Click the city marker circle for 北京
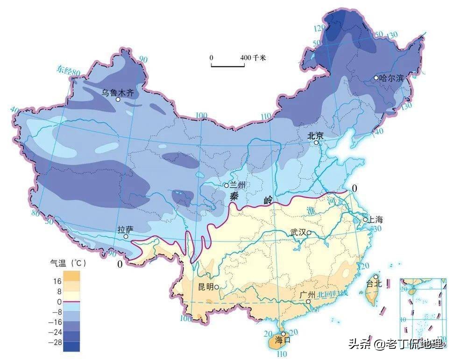[x=316, y=142]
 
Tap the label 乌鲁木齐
[x=118, y=92]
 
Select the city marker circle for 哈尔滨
[x=376, y=78]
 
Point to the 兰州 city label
[x=243, y=185]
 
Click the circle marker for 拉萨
[x=126, y=237]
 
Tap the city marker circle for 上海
[x=366, y=219]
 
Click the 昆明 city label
[x=205, y=286]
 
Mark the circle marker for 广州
[x=308, y=302]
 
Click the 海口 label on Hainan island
[x=283, y=340]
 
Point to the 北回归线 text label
[x=333, y=294]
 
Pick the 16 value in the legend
[x=57, y=281]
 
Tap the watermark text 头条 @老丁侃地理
[x=395, y=345]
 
